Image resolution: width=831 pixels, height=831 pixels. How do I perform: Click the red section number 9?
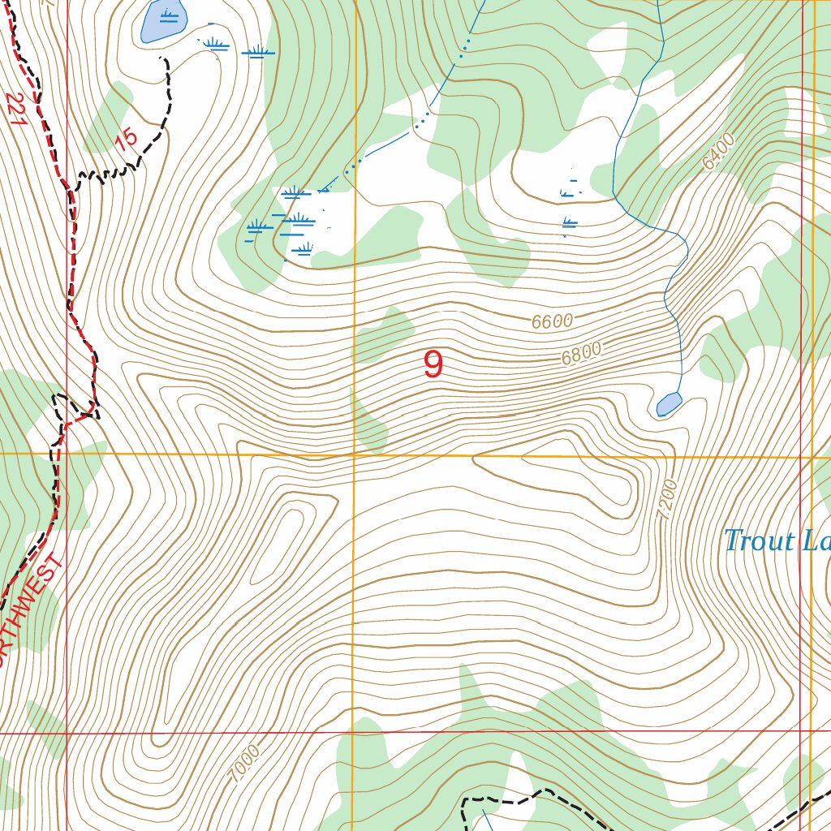[433, 364]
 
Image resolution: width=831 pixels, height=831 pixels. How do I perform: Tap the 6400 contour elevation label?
[718, 152]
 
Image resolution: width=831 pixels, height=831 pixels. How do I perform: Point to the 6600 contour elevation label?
[553, 321]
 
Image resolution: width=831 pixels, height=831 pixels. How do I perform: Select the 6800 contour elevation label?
[581, 354]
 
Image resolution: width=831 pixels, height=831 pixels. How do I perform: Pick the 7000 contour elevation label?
[245, 764]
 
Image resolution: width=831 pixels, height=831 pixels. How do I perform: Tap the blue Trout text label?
[759, 541]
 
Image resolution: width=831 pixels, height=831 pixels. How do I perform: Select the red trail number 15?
[126, 140]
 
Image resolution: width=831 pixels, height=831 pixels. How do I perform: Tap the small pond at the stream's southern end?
[669, 403]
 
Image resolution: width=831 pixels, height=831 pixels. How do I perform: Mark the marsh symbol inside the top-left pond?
[169, 16]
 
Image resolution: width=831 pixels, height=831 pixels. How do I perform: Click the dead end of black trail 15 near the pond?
[161, 58]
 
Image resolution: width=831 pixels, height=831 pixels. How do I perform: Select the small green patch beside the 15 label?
[109, 118]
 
